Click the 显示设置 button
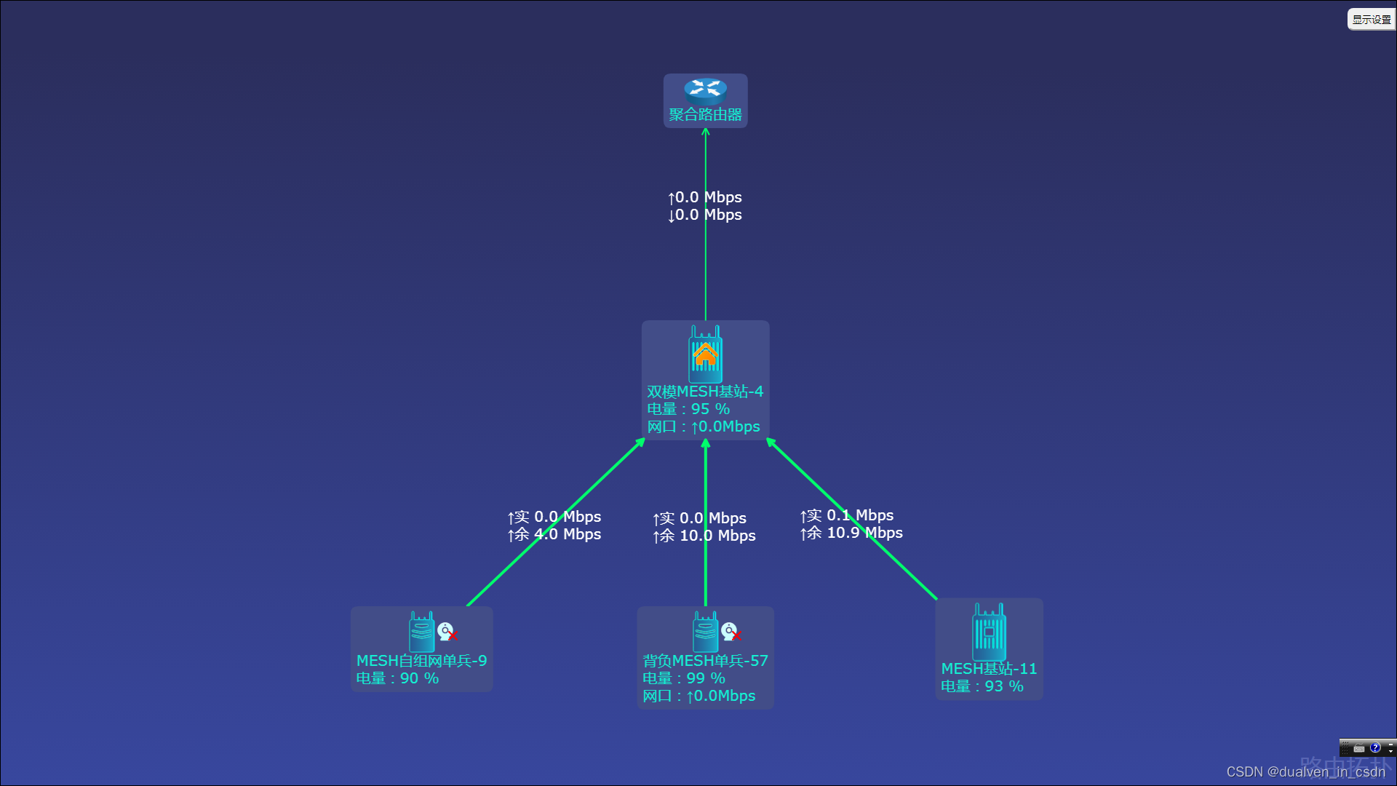[x=1371, y=20]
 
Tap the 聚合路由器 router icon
[x=705, y=89]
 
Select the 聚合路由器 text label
[x=705, y=115]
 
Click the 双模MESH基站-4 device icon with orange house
[x=705, y=354]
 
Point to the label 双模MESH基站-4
[x=705, y=392]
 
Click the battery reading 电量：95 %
[x=688, y=409]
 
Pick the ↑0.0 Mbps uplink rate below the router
[x=705, y=197]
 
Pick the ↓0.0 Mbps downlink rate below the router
[x=705, y=215]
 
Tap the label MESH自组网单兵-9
[x=421, y=661]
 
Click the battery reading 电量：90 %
[x=397, y=678]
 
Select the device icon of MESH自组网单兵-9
[x=421, y=632]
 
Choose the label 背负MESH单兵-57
[x=705, y=661]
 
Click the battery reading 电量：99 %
[x=684, y=678]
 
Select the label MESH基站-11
[x=989, y=669]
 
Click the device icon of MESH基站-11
[x=989, y=632]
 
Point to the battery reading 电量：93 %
[x=982, y=686]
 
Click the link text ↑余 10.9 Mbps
[x=851, y=533]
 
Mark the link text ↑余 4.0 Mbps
[x=554, y=534]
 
